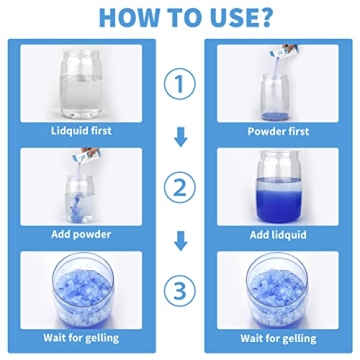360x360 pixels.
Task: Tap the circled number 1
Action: pyautogui.click(x=181, y=85)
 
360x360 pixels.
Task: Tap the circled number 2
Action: pyautogui.click(x=181, y=188)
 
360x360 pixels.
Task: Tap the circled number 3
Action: pyautogui.click(x=181, y=292)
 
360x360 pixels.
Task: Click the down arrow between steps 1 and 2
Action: pyautogui.click(x=181, y=137)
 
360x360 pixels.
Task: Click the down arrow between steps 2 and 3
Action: pyautogui.click(x=181, y=241)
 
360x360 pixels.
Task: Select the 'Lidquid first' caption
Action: pyautogui.click(x=83, y=130)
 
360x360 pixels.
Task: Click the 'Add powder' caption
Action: pyautogui.click(x=83, y=234)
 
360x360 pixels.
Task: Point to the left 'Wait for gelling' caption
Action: pyautogui.click(x=83, y=338)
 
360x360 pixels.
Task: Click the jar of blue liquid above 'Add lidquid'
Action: pyautogui.click(x=276, y=186)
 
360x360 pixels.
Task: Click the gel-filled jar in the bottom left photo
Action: pyautogui.click(x=83, y=290)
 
